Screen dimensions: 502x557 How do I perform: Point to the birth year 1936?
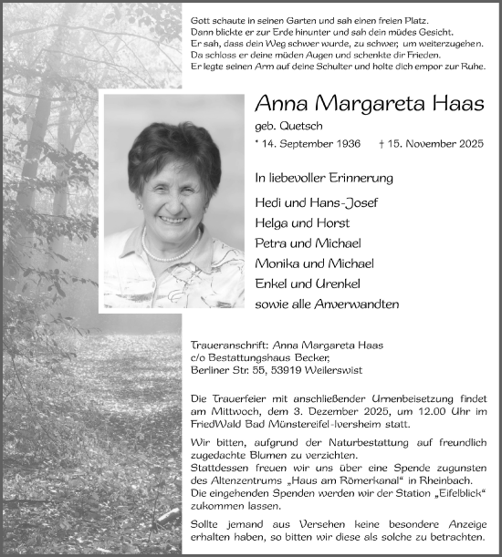point(345,144)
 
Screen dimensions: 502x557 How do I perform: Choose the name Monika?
point(279,263)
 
